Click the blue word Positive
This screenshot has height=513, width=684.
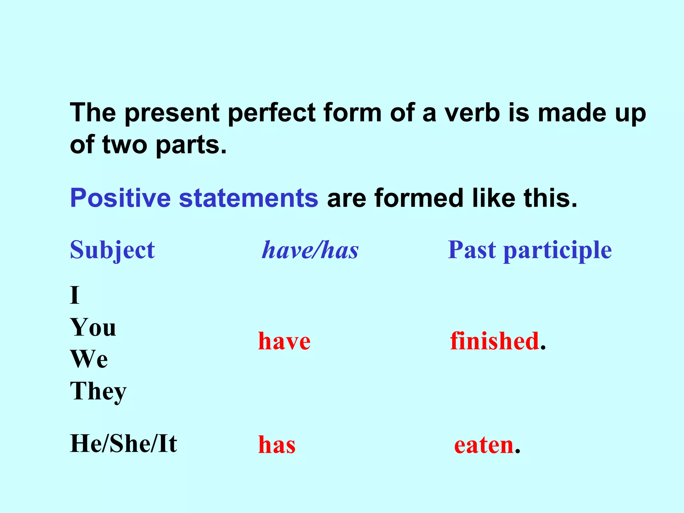click(x=120, y=198)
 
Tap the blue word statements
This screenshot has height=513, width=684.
click(x=248, y=198)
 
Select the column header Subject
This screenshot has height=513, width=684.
click(x=112, y=250)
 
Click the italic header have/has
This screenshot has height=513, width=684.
click(x=310, y=250)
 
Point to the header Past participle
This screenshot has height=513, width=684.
click(x=530, y=250)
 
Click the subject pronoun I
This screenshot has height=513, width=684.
click(x=75, y=295)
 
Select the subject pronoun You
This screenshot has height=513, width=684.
click(x=93, y=327)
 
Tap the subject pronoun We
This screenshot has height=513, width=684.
click(x=89, y=359)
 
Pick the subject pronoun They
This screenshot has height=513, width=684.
click(x=99, y=391)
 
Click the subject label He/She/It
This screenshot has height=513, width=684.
click(x=124, y=444)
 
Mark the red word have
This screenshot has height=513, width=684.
click(x=284, y=341)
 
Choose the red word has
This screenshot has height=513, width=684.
click(x=277, y=445)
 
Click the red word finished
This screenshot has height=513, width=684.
click(x=494, y=341)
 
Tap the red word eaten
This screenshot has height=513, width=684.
click(x=484, y=445)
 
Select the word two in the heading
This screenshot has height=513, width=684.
click(x=125, y=145)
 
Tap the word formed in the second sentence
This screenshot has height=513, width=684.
click(x=419, y=198)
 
